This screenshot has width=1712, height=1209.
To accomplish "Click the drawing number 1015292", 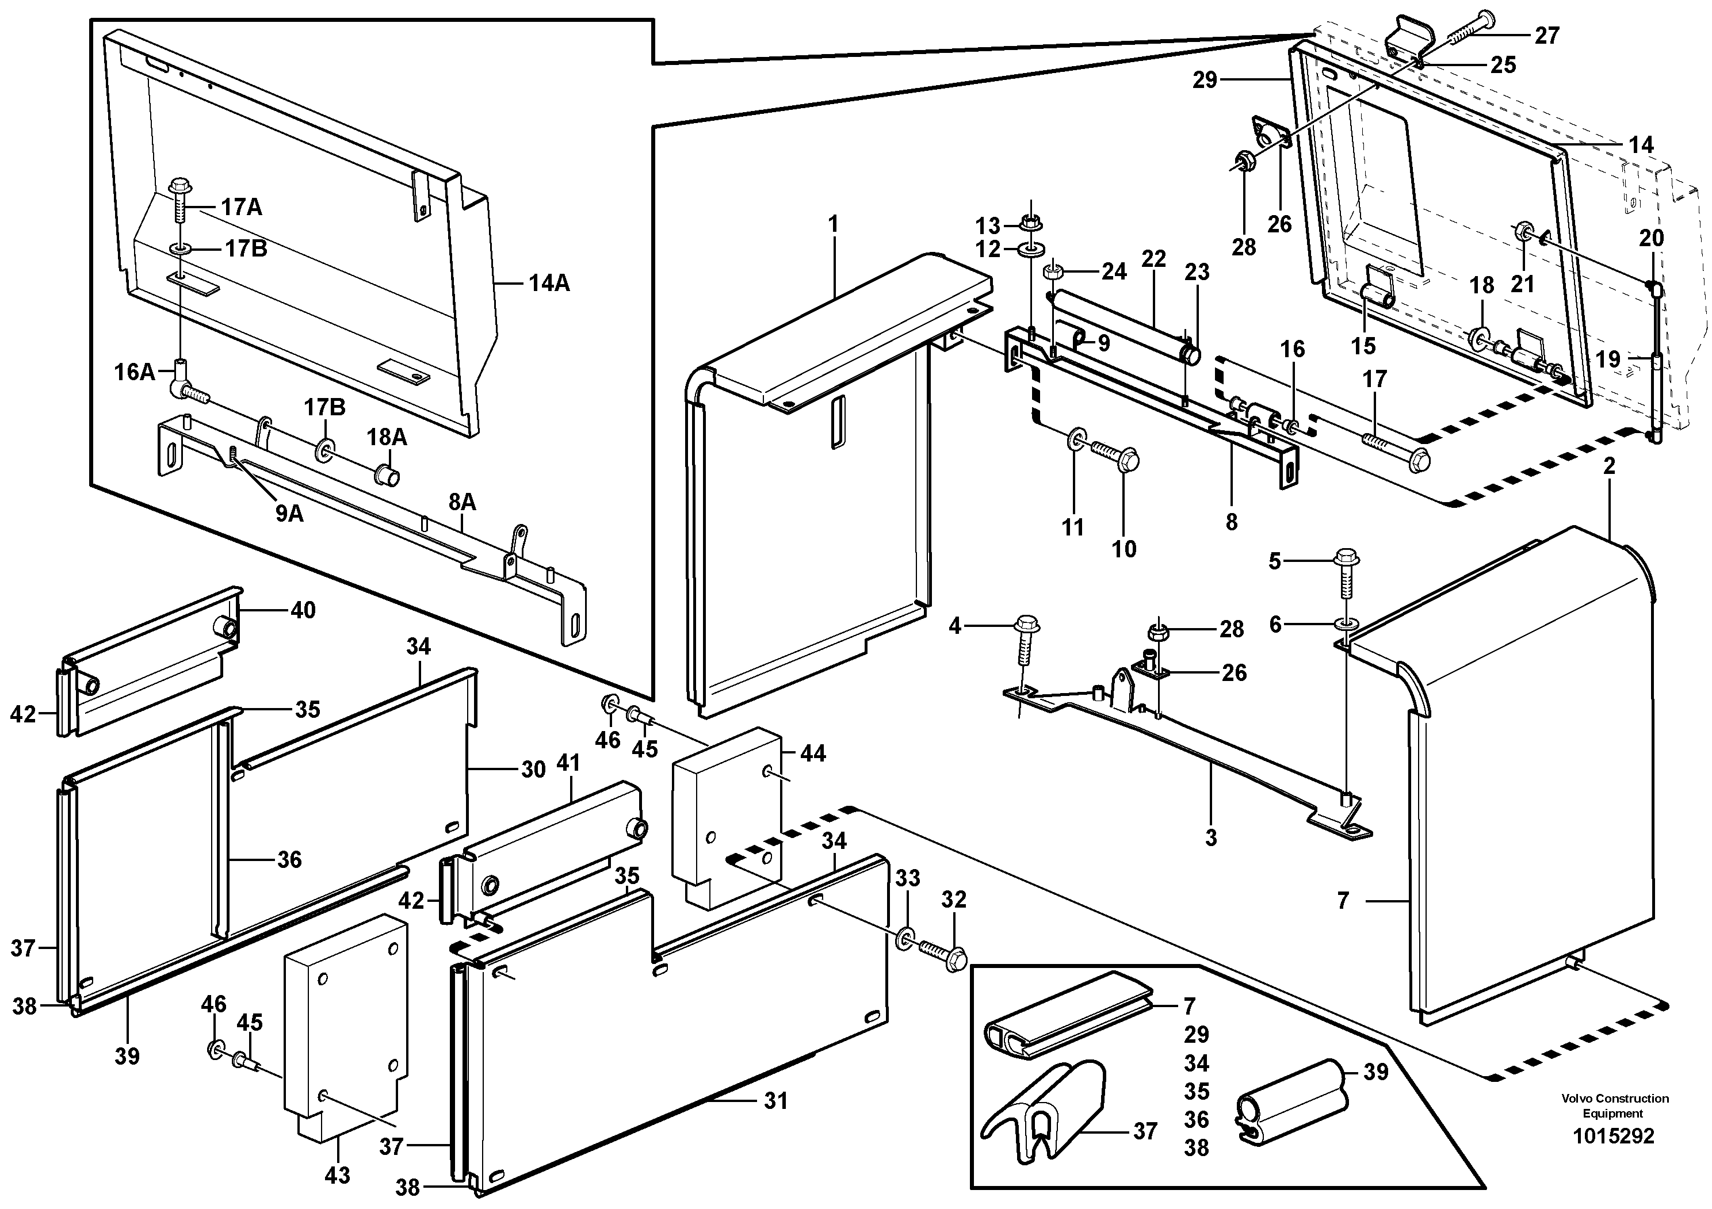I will click(1613, 1136).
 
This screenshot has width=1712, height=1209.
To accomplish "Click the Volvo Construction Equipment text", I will click(1614, 1105).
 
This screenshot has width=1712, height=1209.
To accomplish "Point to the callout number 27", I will click(1546, 35).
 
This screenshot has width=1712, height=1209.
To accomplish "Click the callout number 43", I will click(337, 1176).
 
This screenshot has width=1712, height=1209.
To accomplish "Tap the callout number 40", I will click(303, 610).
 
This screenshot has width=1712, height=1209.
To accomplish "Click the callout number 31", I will click(775, 1100).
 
